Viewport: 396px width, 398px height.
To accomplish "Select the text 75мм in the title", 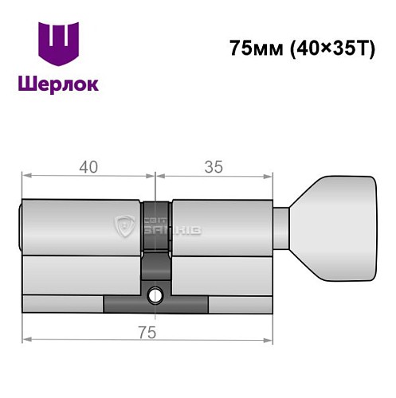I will tap(250, 49).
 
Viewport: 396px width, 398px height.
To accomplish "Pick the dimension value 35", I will tap(213, 167).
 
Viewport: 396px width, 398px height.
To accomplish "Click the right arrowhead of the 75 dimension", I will tap(271, 339).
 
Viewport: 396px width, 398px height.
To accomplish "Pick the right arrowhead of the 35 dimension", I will tap(271, 177).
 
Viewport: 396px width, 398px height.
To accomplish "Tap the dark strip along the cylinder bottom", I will tap(156, 305).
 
